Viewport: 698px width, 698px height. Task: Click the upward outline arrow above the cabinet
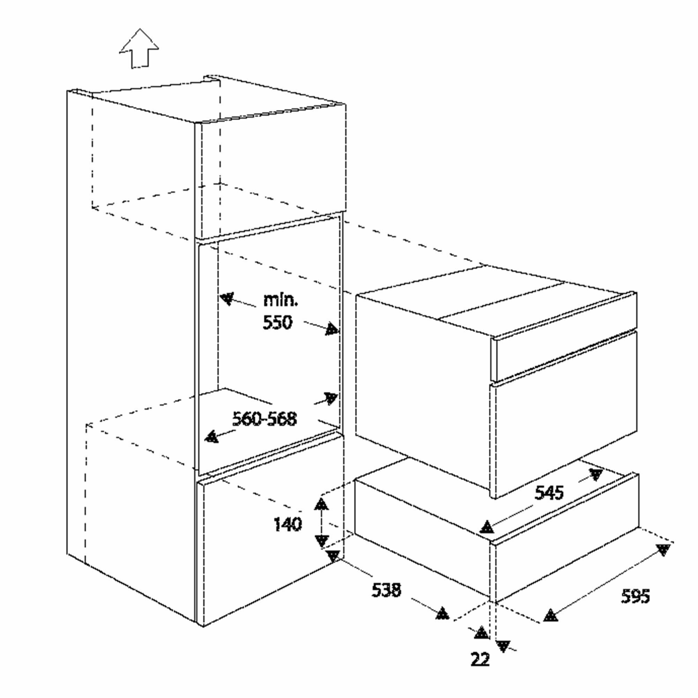[x=139, y=49]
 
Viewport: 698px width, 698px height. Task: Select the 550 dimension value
[x=277, y=322]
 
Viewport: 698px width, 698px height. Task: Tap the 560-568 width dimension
[x=265, y=419]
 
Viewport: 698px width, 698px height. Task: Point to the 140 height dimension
[x=288, y=524]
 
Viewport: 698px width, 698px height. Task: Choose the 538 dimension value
[x=386, y=591]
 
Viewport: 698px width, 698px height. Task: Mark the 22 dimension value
[x=481, y=660]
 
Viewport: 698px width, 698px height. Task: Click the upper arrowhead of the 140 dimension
[x=321, y=504]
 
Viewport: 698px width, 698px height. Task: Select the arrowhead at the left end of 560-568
[x=212, y=437]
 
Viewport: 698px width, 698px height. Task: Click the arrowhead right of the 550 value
[x=332, y=329]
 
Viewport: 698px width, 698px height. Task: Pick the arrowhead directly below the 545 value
[x=487, y=527]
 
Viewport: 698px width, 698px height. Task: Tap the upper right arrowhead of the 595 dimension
[x=663, y=550]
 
